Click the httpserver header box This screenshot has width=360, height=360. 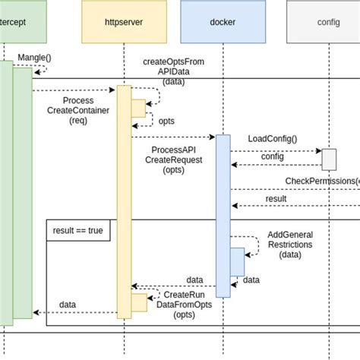(x=123, y=22)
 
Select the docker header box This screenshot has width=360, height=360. (x=223, y=22)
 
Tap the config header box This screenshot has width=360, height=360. (x=327, y=22)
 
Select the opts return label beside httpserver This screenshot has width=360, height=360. (x=166, y=121)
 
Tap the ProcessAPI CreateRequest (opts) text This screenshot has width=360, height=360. (x=174, y=160)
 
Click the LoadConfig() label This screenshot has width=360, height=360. (x=273, y=138)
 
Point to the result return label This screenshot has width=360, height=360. (x=276, y=198)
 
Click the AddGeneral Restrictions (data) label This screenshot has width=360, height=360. (x=290, y=245)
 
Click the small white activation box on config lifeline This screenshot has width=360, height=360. (x=329, y=159)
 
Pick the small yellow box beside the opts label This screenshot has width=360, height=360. (x=138, y=109)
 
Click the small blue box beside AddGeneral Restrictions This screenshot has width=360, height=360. (x=237, y=262)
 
